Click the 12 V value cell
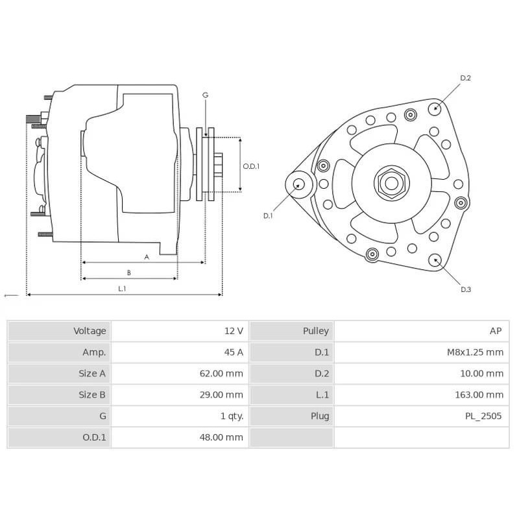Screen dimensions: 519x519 point(234,331)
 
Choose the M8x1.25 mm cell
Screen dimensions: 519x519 point(475,352)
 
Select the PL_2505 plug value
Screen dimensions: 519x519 point(483,416)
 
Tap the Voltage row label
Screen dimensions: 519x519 point(90,331)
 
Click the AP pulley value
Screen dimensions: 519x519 point(495,331)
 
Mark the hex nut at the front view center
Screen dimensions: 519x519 point(391,183)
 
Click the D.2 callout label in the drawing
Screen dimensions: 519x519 point(465,78)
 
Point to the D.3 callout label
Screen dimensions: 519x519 point(465,289)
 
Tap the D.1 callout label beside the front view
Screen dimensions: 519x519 point(268,216)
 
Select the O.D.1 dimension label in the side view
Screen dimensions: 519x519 point(251,166)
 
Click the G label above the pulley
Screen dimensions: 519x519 point(205,95)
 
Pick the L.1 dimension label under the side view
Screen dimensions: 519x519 point(122,289)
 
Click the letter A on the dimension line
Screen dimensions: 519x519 point(147,257)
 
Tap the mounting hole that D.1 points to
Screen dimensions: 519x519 point(299,184)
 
